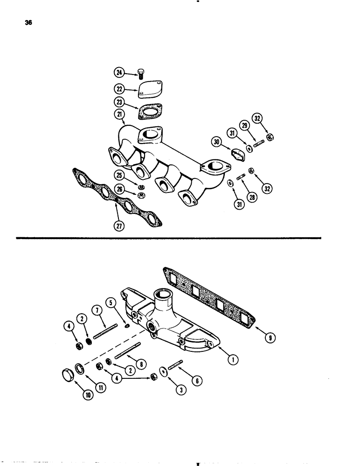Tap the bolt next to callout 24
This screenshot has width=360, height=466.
click(140, 74)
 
